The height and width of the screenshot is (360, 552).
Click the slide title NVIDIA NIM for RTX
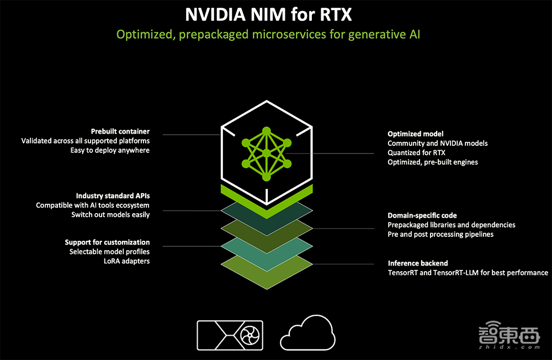[x=268, y=14]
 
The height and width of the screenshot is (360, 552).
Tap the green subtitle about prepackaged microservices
[x=269, y=35]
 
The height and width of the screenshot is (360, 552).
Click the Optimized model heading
[x=416, y=134]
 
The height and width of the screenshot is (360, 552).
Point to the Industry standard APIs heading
[x=113, y=196]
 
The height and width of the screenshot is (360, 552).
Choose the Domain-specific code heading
[x=422, y=215]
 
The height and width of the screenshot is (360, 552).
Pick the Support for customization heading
[x=107, y=242]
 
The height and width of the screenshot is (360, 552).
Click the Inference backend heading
[x=418, y=263]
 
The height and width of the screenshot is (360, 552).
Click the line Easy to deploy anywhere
[x=110, y=150]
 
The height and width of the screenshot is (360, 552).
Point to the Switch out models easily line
[x=110, y=214]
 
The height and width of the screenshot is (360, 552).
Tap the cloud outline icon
[x=307, y=334]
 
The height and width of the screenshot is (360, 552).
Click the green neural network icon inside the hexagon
[x=267, y=154]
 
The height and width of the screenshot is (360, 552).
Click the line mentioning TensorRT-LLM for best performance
[x=468, y=273]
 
